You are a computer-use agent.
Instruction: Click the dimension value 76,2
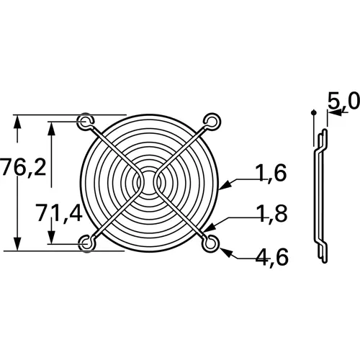(x=24, y=168)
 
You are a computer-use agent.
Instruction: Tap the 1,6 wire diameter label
(x=271, y=172)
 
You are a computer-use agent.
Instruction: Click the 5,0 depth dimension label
(x=341, y=102)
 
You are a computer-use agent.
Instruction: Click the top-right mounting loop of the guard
(x=211, y=120)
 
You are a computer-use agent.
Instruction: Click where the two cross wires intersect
(x=149, y=181)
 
